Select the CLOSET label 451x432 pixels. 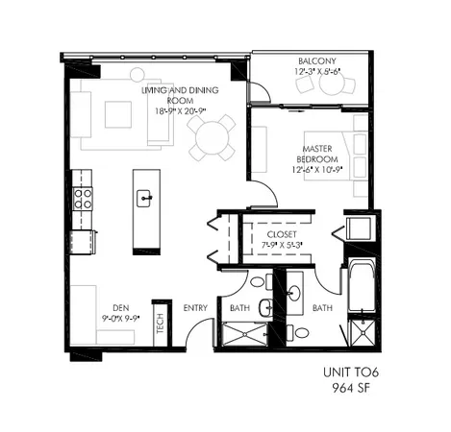pyautogui.click(x=282, y=233)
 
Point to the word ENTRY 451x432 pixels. pyautogui.click(x=196, y=308)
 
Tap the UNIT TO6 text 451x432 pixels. pyautogui.click(x=341, y=374)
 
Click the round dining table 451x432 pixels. pyautogui.click(x=212, y=138)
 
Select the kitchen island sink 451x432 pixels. pyautogui.click(x=145, y=198)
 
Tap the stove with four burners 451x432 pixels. pyautogui.click(x=82, y=199)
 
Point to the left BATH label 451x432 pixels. pyautogui.click(x=238, y=308)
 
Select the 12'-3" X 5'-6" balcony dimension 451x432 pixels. pyautogui.click(x=318, y=71)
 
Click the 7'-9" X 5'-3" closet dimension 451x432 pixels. pyautogui.click(x=282, y=245)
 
